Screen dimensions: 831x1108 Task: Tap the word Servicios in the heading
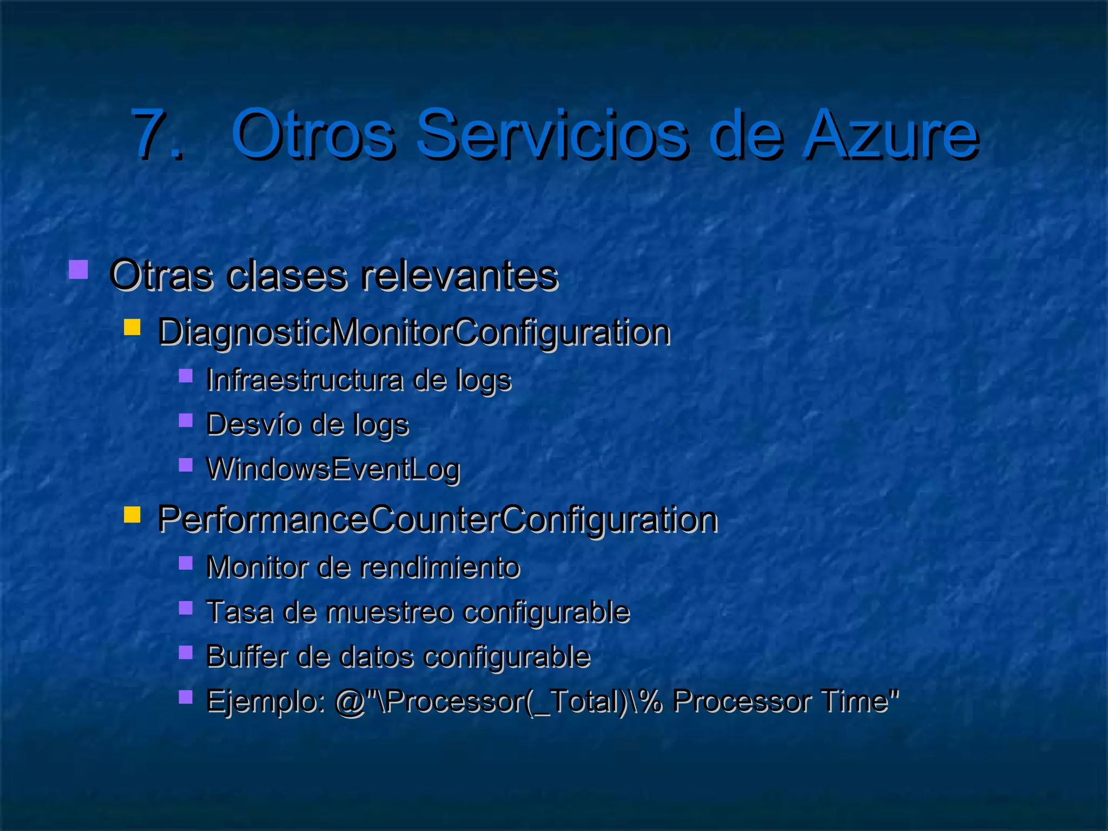[x=552, y=134]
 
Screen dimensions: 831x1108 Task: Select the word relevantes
[x=459, y=275]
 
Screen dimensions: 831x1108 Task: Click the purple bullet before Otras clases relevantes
[x=78, y=269]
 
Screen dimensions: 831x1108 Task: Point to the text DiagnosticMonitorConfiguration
[x=414, y=332]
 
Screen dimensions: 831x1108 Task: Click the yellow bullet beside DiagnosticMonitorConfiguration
[x=132, y=327]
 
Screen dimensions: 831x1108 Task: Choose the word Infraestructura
[x=304, y=379]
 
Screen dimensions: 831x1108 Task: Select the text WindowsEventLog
[x=333, y=469]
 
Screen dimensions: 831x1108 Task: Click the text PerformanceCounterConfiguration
[x=437, y=519]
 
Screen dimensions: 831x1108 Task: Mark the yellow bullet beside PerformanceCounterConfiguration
[x=132, y=514]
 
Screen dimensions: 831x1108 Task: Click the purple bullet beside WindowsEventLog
[x=186, y=465]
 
